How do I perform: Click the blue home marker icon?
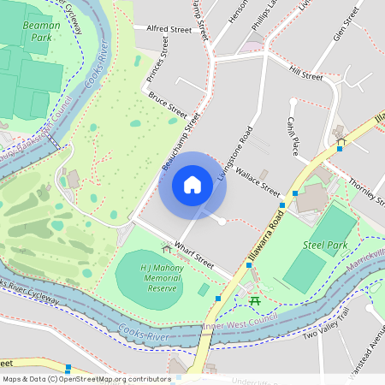(x=192, y=185)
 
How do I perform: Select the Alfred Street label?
(x=169, y=29)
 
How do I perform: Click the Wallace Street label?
(x=258, y=181)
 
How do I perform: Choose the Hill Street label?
(x=305, y=74)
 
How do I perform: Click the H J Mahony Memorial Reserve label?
(x=149, y=278)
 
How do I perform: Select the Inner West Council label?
(x=235, y=325)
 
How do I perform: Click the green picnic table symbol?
(x=254, y=300)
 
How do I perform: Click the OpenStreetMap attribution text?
(x=86, y=379)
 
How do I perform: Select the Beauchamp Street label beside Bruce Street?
(x=180, y=139)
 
